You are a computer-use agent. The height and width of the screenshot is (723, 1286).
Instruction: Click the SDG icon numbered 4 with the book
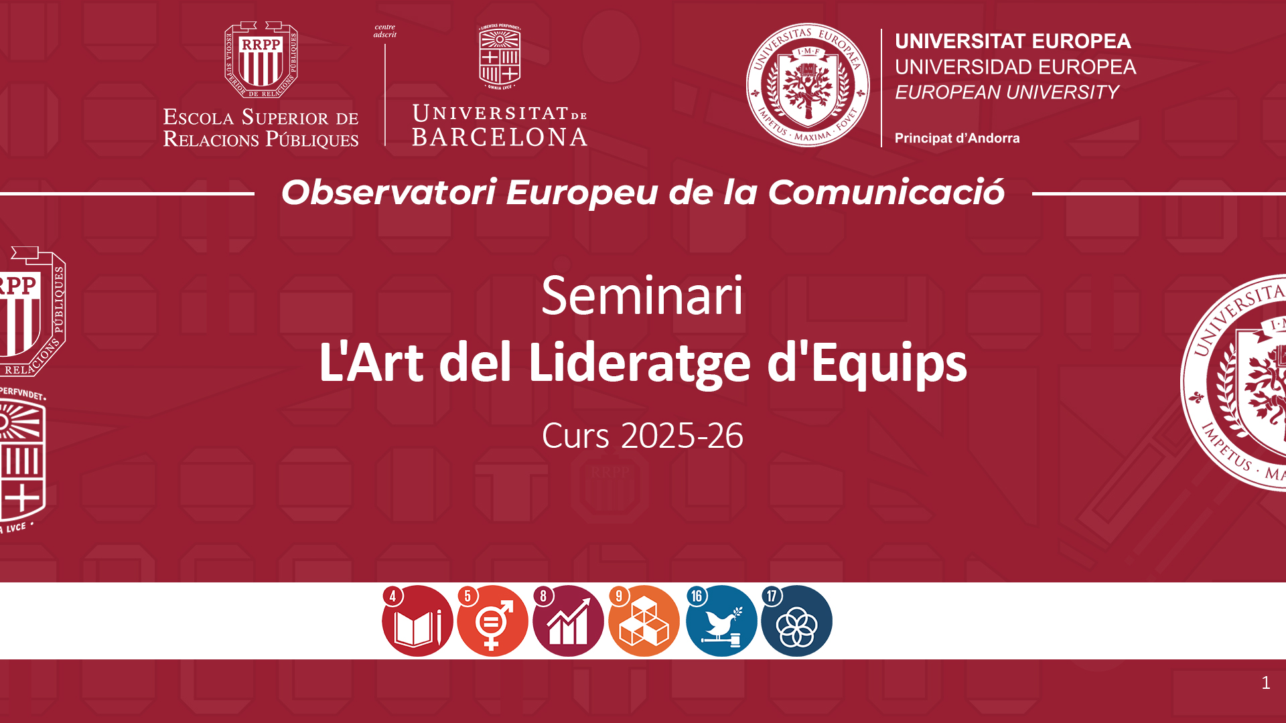tap(417, 621)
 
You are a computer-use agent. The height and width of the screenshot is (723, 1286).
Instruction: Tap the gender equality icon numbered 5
tap(492, 621)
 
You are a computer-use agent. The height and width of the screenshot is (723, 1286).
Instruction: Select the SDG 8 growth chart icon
tap(568, 621)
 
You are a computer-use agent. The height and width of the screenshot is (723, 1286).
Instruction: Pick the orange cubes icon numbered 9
tap(644, 621)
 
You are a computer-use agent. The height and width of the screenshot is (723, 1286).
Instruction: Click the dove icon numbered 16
tap(721, 621)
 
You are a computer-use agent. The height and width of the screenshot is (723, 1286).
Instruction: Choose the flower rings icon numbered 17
tap(796, 621)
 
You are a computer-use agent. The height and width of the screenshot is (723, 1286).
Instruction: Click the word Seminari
tap(642, 295)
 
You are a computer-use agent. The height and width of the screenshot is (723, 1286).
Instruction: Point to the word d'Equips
tap(867, 364)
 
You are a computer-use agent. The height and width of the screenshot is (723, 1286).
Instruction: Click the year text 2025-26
tap(682, 436)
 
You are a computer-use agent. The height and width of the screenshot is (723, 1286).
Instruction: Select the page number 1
tap(1265, 683)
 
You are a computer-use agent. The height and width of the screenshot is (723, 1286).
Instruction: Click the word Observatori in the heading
tap(388, 192)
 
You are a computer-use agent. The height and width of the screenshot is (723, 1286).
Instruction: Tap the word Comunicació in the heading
tap(886, 191)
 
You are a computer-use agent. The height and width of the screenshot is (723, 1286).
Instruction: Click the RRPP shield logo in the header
tap(261, 60)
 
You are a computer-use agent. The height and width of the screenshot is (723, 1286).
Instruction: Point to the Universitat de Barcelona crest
tap(500, 57)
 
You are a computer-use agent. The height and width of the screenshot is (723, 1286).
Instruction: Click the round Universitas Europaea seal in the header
tap(808, 85)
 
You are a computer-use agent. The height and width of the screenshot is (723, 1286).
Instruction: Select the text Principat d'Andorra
tap(957, 138)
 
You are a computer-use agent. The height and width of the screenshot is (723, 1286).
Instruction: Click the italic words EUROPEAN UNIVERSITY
tap(1007, 92)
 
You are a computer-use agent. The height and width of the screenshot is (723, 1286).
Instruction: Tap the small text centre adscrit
tap(385, 31)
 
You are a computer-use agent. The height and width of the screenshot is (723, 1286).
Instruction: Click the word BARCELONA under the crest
tap(500, 137)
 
